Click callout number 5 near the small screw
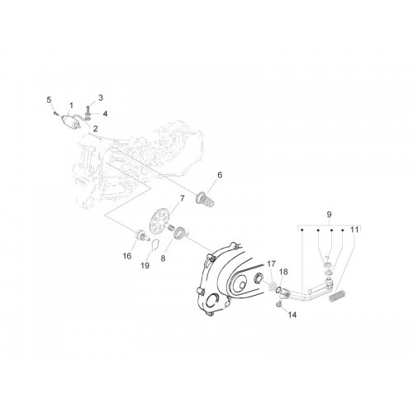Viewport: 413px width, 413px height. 49,100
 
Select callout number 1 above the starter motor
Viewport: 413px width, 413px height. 71,106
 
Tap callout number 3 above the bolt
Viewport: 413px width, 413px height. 101,97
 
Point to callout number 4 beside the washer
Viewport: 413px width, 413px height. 105,114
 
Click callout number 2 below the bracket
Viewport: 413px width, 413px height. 96,128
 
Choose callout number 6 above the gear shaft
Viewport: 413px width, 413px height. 220,175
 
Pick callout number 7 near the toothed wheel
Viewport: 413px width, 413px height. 182,198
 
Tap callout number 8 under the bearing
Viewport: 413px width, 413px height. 163,259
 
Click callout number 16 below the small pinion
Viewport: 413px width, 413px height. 127,256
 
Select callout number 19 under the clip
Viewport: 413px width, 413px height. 145,266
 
